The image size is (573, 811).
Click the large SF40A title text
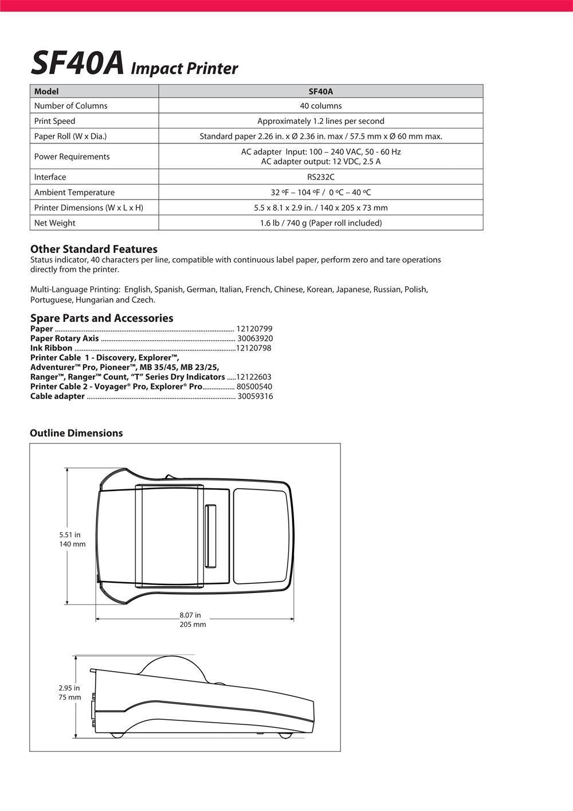[x=77, y=63]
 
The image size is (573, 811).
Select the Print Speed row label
[x=54, y=121]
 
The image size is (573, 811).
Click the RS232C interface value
[x=320, y=177]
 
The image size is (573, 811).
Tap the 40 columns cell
[x=320, y=106]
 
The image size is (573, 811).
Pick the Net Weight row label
[x=54, y=223]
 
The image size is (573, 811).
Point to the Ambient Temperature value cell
[x=320, y=193]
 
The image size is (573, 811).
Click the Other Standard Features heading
[x=93, y=249]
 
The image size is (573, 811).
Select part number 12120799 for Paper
[x=254, y=329]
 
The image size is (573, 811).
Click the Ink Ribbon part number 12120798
[x=253, y=348]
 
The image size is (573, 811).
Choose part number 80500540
[x=254, y=387]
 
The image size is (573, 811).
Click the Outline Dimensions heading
[x=76, y=433]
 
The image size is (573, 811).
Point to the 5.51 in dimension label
[x=70, y=535]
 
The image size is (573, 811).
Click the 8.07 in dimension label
[x=190, y=615]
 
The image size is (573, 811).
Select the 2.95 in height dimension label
[x=69, y=688]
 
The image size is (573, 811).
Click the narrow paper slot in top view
[x=210, y=535]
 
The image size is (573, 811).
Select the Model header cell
[x=46, y=91]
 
